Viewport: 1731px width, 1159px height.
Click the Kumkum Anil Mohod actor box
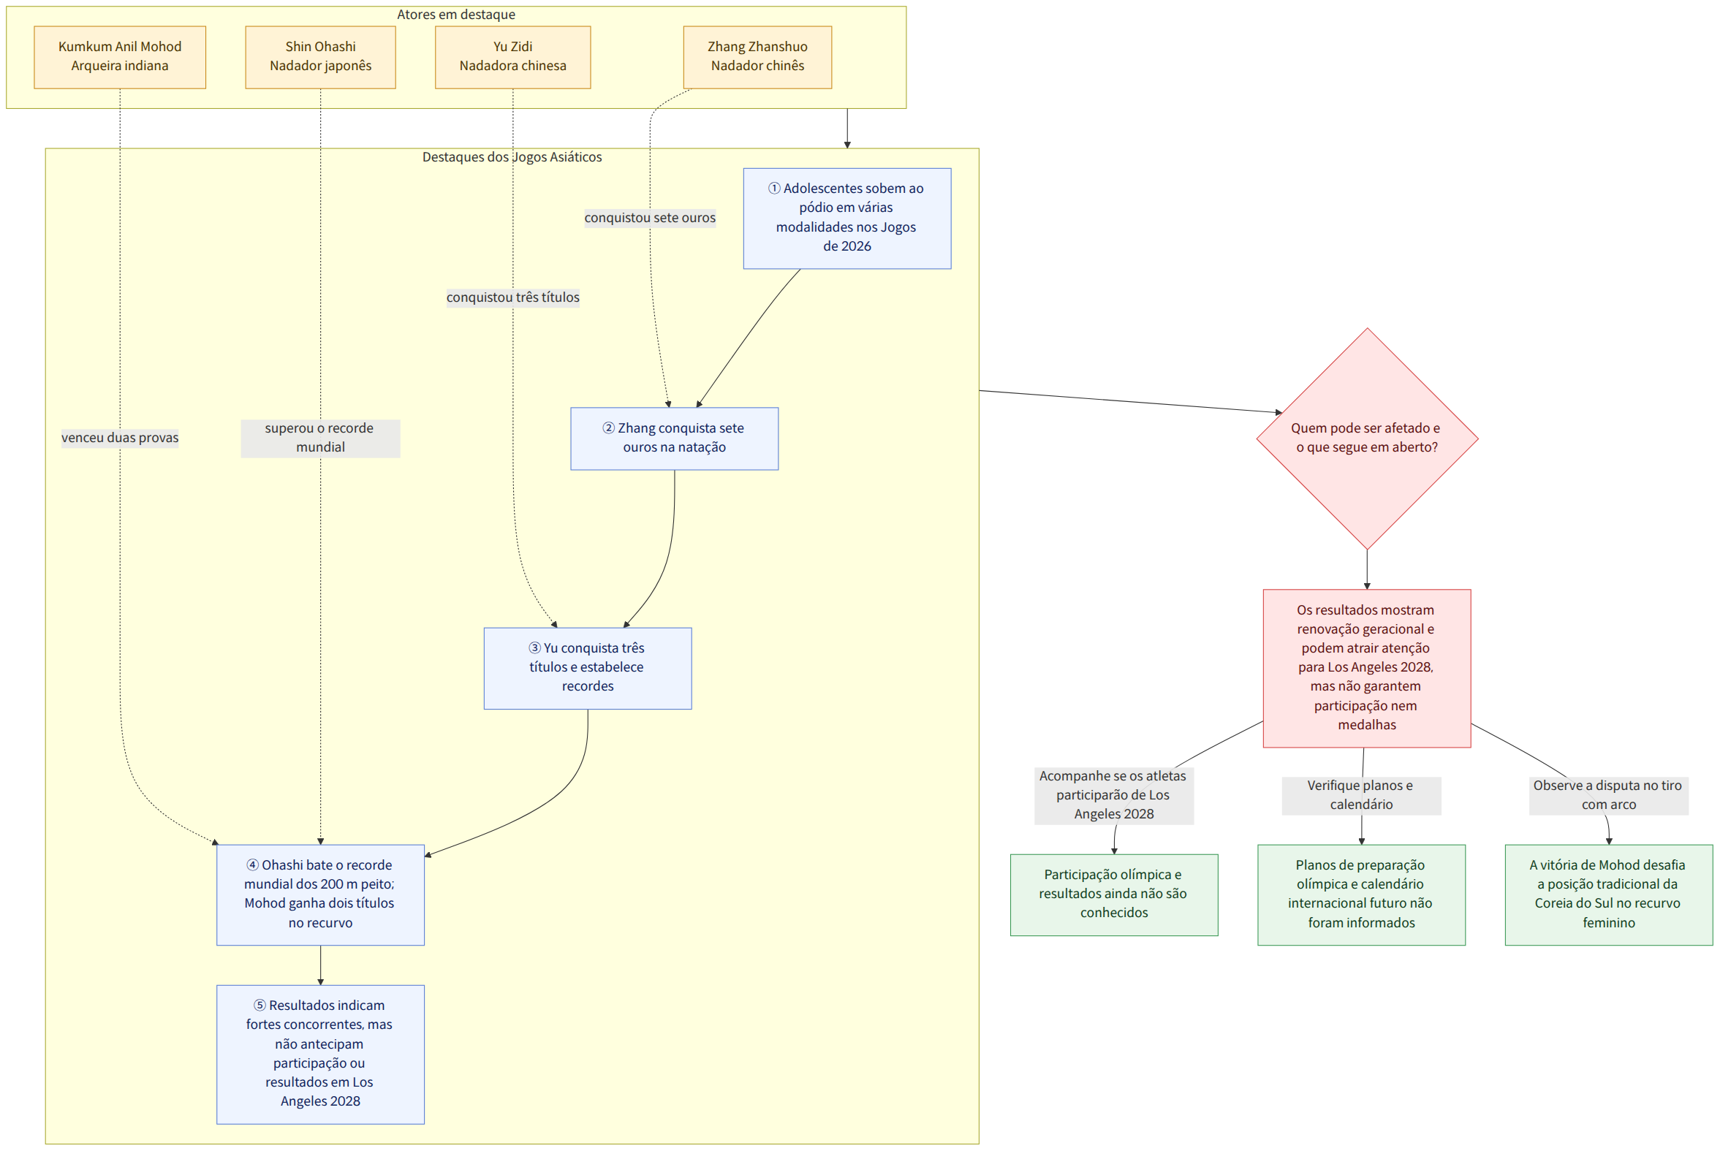pyautogui.click(x=120, y=58)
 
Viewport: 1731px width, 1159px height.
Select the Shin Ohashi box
pyautogui.click(x=321, y=58)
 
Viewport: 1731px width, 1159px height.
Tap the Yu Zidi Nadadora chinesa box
pyautogui.click(x=513, y=58)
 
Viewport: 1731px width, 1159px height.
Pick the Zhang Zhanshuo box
pyautogui.click(x=758, y=58)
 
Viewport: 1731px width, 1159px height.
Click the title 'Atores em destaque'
pyautogui.click(x=456, y=15)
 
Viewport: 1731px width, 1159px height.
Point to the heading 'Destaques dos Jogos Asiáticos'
pyautogui.click(x=512, y=157)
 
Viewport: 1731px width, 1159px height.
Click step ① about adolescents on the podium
pyautogui.click(x=847, y=218)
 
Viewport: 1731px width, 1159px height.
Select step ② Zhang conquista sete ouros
pyautogui.click(x=675, y=439)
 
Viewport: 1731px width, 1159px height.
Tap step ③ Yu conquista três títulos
pyautogui.click(x=588, y=669)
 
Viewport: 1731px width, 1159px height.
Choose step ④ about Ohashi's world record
pyautogui.click(x=321, y=895)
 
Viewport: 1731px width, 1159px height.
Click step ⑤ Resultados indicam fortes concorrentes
pyautogui.click(x=321, y=1054)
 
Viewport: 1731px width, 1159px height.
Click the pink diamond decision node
pyautogui.click(x=1367, y=439)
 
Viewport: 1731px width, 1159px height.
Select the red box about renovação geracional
pyautogui.click(x=1367, y=669)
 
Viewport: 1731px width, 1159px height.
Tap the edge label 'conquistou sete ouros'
pyautogui.click(x=650, y=218)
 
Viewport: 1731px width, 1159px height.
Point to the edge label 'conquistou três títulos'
pyautogui.click(x=513, y=298)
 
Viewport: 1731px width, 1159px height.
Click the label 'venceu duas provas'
pyautogui.click(x=120, y=438)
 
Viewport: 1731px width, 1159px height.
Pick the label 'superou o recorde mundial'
pyautogui.click(x=321, y=438)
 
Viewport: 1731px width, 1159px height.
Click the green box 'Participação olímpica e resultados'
pyautogui.click(x=1114, y=895)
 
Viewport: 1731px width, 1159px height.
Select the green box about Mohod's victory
pyautogui.click(x=1609, y=895)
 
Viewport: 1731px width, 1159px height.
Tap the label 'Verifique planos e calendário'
pyautogui.click(x=1361, y=796)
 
